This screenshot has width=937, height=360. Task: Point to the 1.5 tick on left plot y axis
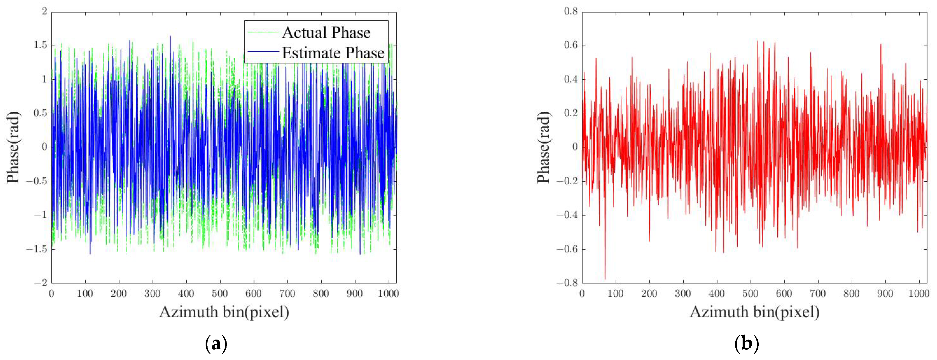tap(40, 45)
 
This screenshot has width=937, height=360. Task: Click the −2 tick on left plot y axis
tap(41, 283)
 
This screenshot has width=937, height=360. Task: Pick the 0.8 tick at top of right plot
tap(571, 12)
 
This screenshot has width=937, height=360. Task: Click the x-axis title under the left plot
tap(224, 312)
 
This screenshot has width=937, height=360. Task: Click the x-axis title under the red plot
tap(755, 312)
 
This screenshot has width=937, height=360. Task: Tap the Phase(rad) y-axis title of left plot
tap(13, 147)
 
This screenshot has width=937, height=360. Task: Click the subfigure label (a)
tap(216, 343)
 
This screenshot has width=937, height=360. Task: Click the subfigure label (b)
tap(746, 343)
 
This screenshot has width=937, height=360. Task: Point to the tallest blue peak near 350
tap(170, 36)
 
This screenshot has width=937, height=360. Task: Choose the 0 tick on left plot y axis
tap(44, 147)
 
